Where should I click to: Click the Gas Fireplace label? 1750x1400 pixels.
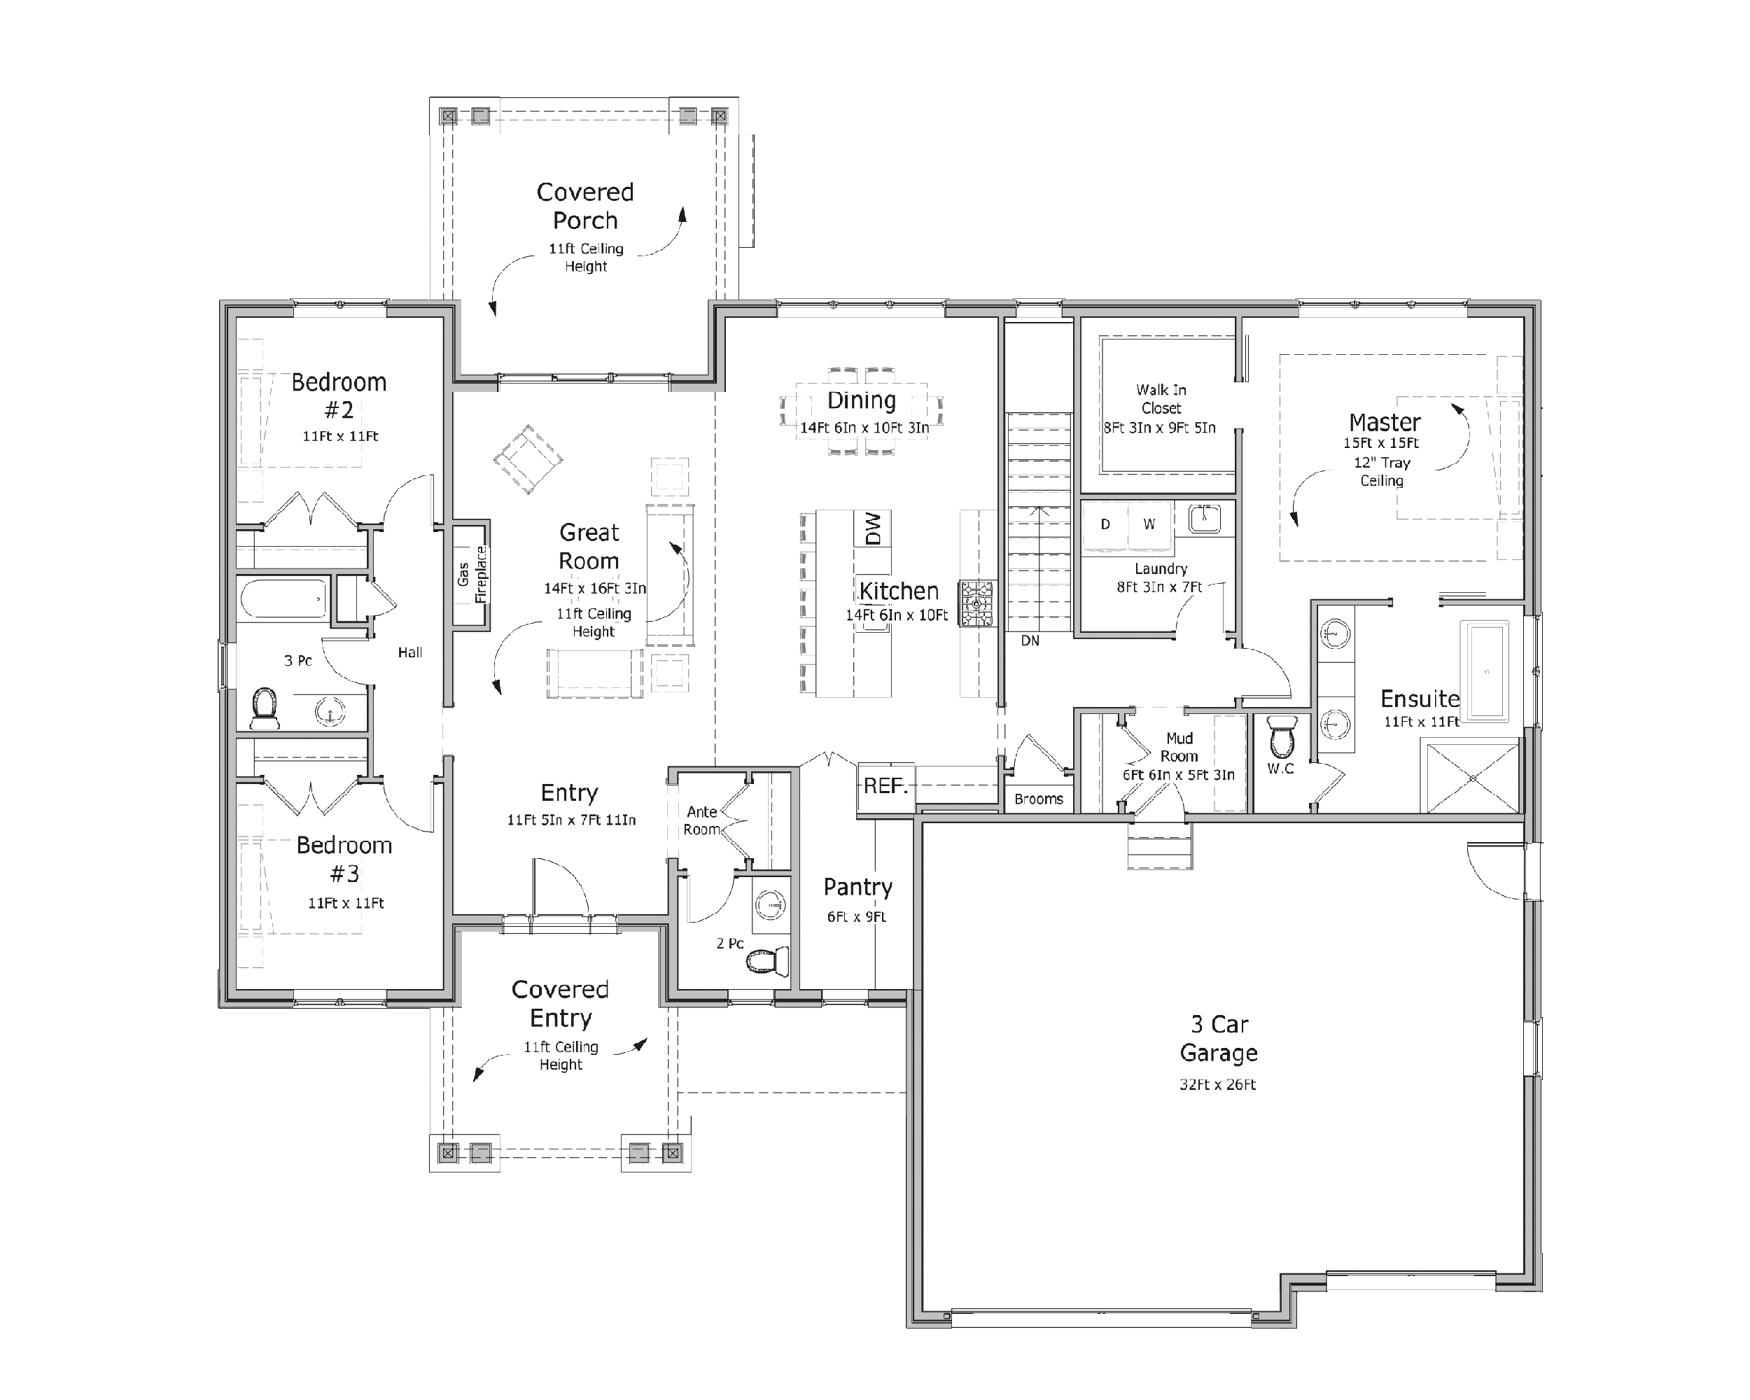click(x=472, y=574)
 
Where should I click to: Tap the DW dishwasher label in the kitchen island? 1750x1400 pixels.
click(x=873, y=528)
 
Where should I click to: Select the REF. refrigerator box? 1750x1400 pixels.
click(x=885, y=785)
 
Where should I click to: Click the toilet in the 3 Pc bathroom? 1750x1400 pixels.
click(x=265, y=708)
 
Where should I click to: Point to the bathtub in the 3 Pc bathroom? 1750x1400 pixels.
click(x=284, y=599)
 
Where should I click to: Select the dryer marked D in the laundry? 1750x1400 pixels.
click(x=1105, y=524)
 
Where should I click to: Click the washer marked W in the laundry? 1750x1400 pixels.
click(x=1149, y=524)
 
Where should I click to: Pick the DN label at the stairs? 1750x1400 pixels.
click(x=1030, y=641)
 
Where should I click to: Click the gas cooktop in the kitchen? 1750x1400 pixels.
click(x=976, y=603)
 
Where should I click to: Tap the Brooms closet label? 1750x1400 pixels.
click(x=1038, y=799)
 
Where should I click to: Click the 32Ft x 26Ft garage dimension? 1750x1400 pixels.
click(x=1217, y=1085)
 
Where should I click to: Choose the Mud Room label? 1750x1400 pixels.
click(x=1179, y=747)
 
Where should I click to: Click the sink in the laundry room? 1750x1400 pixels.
click(x=1205, y=517)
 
